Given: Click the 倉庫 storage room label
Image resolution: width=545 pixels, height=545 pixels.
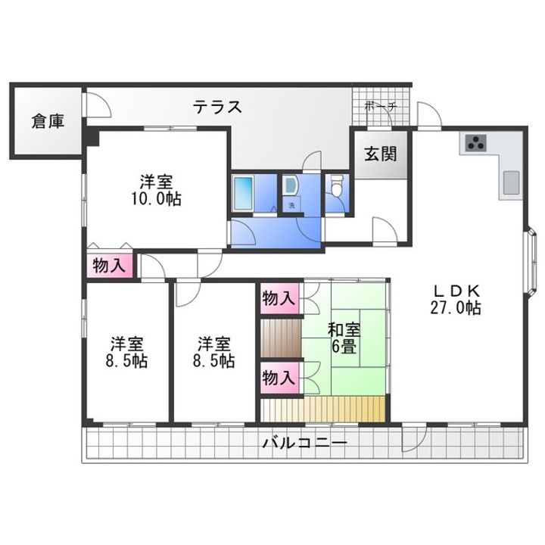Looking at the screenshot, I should [x=47, y=121].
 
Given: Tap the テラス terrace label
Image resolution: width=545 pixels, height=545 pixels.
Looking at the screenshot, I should [x=216, y=107].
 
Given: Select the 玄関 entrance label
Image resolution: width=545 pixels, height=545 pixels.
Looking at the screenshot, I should [x=380, y=154].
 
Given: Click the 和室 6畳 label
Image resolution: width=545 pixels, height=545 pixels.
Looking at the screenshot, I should [x=344, y=338].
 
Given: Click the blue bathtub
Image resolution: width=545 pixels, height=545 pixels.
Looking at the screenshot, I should [x=243, y=195].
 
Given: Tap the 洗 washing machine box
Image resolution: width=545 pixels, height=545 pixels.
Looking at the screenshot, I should [x=290, y=204].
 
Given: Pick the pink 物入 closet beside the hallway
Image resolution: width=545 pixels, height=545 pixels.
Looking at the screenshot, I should [x=109, y=266].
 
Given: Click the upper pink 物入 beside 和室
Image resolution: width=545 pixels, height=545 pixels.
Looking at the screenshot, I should [x=278, y=298].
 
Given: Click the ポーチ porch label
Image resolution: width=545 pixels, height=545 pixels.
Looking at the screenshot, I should [x=381, y=107].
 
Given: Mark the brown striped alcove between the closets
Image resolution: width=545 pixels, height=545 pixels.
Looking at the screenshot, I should [x=279, y=338].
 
